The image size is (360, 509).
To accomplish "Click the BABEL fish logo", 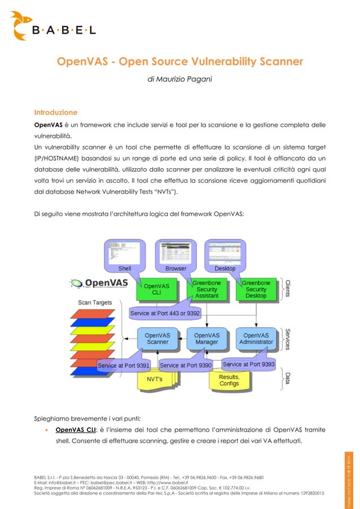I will tap(22, 25).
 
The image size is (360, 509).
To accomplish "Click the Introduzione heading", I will tap(56, 112).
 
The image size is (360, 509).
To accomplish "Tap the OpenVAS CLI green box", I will tap(156, 289).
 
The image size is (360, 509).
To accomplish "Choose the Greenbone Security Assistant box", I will tap(207, 288).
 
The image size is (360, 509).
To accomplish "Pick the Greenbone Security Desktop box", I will tap(256, 288).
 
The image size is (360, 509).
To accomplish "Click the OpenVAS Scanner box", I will tap(157, 338).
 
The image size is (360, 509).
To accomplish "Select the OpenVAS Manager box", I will tap(207, 338).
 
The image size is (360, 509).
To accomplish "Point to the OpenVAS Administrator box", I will tap(256, 338).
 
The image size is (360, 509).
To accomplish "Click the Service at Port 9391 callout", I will tap(124, 366).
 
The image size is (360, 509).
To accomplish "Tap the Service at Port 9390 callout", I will tap(186, 366).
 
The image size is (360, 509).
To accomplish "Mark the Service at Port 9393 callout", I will tap(248, 364).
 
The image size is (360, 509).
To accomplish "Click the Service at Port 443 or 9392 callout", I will tap(165, 313).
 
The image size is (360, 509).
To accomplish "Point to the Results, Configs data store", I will tap(229, 380).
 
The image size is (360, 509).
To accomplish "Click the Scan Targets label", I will tap(94, 302).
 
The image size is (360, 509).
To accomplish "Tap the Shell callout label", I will tap(125, 269).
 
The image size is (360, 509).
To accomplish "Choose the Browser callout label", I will tap(175, 269).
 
